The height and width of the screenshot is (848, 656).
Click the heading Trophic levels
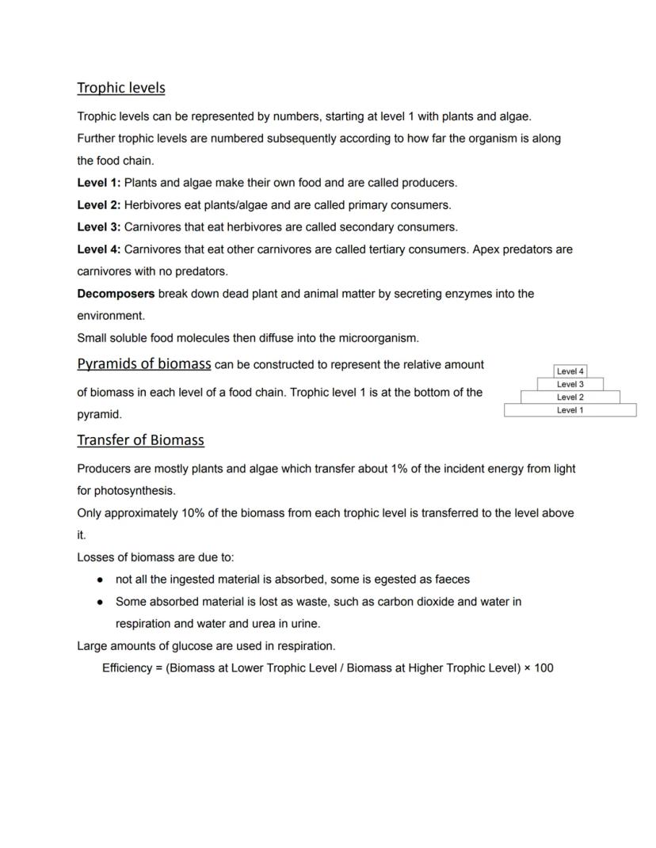pyautogui.click(x=120, y=87)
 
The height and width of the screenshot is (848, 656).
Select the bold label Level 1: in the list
pyautogui.click(x=98, y=183)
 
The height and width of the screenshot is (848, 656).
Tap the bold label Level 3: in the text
pyautogui.click(x=98, y=227)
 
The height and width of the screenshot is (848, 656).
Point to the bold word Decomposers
pyautogui.click(x=116, y=294)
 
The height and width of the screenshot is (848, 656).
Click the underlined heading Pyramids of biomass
pyautogui.click(x=143, y=364)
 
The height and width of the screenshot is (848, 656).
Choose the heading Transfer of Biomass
pyautogui.click(x=140, y=440)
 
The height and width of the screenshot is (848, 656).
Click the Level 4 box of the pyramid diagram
pyautogui.click(x=570, y=371)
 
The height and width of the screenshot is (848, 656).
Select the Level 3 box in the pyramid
pyautogui.click(x=570, y=384)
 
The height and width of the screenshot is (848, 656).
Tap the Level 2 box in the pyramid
pyautogui.click(x=570, y=397)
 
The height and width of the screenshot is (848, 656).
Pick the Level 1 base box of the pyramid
pyautogui.click(x=570, y=410)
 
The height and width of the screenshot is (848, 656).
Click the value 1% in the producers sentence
pyautogui.click(x=400, y=469)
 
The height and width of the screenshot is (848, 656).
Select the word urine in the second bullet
pyautogui.click(x=304, y=624)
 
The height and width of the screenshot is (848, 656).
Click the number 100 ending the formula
pyautogui.click(x=543, y=668)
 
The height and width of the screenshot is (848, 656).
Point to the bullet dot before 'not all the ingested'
pyautogui.click(x=101, y=580)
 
